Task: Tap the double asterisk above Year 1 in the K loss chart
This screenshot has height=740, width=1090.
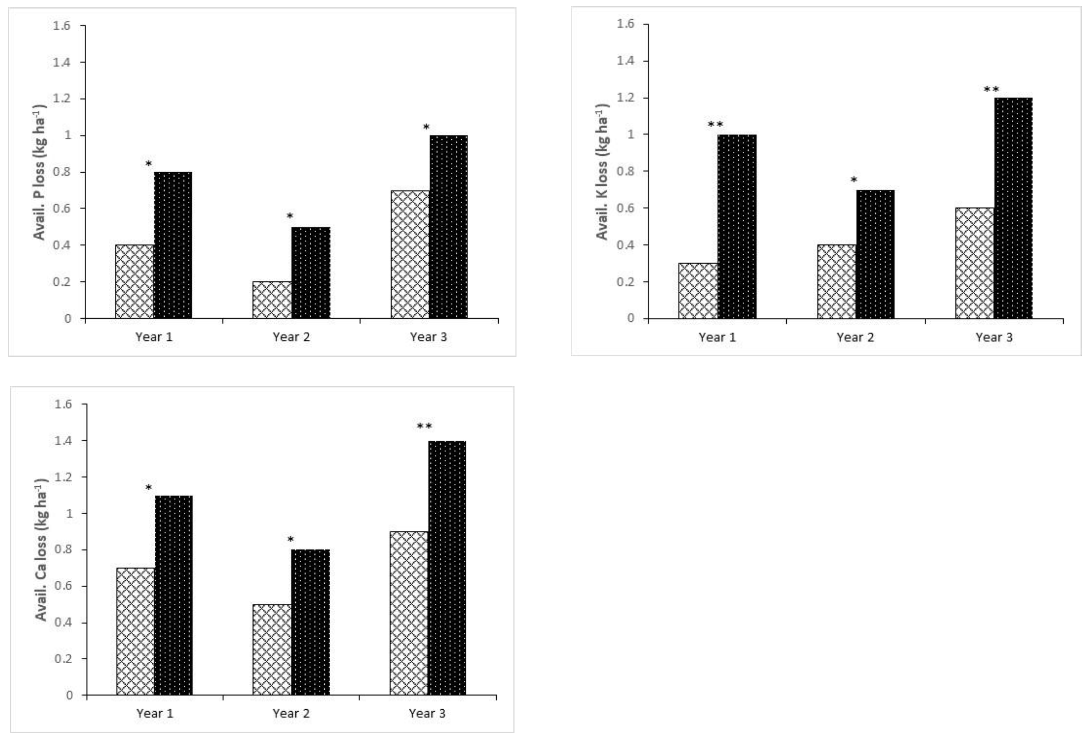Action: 715,124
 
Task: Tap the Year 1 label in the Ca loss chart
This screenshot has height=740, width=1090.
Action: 155,713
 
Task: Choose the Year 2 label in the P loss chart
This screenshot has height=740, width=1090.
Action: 291,337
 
